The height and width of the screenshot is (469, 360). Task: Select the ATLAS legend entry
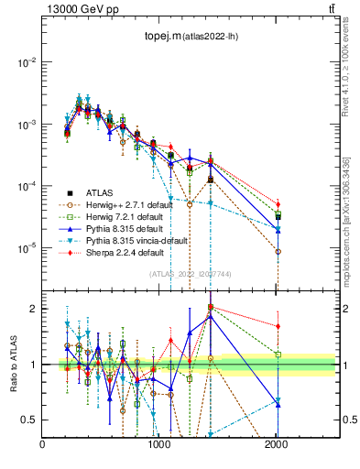click(x=101, y=192)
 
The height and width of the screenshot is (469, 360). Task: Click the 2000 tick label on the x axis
click(x=277, y=444)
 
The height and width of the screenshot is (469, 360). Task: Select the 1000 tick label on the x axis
click(x=160, y=444)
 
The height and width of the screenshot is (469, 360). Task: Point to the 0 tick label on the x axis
click(x=43, y=444)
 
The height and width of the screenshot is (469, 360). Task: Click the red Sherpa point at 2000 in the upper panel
click(x=278, y=204)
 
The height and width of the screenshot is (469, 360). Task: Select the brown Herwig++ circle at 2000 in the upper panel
click(x=278, y=251)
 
